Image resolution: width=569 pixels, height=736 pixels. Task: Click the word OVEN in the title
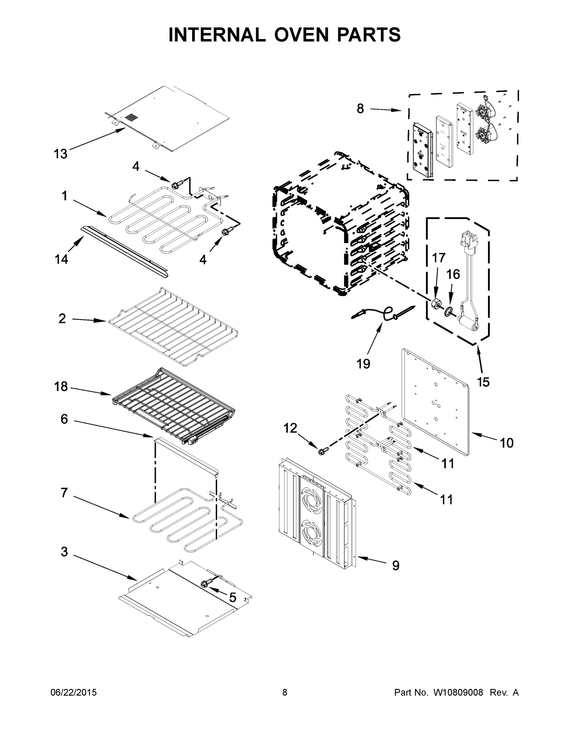coord(301,35)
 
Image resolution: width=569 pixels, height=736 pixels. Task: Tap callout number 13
coord(61,154)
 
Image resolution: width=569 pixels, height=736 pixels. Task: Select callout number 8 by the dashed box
coord(360,109)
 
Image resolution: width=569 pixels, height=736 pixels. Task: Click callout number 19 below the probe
coord(363,364)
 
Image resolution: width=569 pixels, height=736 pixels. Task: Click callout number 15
coord(483,382)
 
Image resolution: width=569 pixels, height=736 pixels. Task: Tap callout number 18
coord(61,386)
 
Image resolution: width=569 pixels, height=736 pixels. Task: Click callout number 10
coord(506,443)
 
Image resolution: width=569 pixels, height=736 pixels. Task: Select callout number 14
coord(61,259)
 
